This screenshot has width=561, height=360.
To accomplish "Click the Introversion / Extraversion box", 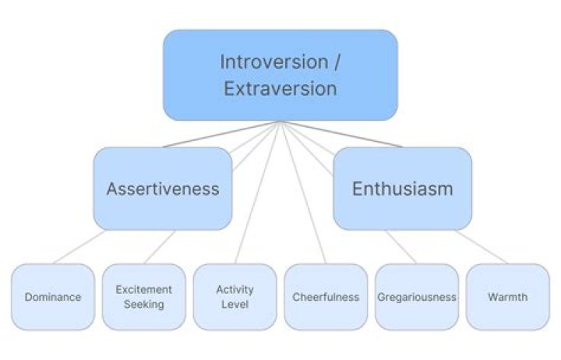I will (x=280, y=75).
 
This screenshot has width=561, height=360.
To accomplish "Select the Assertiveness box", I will (x=163, y=189).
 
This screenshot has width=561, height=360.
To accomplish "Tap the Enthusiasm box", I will (x=402, y=189).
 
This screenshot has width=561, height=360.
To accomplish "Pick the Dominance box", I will (x=53, y=297).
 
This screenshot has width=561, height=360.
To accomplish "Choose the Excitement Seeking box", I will (x=144, y=297).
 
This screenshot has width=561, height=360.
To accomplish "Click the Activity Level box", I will (x=235, y=297).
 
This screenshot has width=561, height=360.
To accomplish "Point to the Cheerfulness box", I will (x=326, y=297).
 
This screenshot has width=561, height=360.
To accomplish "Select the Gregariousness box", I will (x=417, y=297).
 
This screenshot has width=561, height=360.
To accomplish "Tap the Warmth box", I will (x=507, y=297).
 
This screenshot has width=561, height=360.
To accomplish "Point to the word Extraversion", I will (x=280, y=88).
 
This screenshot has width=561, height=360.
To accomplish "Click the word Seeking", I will (x=144, y=304).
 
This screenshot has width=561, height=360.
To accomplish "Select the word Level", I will (x=235, y=304).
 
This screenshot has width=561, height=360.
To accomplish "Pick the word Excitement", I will (x=144, y=290).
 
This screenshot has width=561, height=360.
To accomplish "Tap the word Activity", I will (x=235, y=290).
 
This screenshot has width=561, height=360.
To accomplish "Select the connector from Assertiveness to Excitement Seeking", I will (x=161, y=247).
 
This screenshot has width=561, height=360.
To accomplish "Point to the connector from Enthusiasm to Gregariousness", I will (x=400, y=247).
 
